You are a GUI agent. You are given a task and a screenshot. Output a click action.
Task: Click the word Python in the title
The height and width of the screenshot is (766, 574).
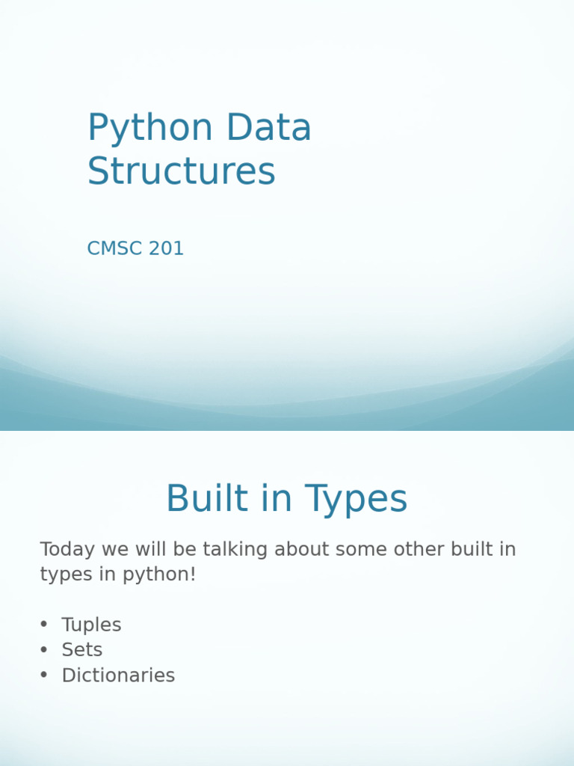[x=150, y=129]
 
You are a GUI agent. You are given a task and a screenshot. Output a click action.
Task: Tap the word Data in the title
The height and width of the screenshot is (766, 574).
[x=269, y=129]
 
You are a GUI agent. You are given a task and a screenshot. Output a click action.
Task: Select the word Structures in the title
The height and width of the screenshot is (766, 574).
[x=182, y=171]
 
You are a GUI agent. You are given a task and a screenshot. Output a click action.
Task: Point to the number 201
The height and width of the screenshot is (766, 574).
[x=166, y=249]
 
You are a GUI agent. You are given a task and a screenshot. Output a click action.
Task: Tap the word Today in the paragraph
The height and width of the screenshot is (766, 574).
[x=68, y=550]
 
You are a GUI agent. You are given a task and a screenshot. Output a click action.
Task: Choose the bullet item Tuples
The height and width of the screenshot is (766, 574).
[x=91, y=625]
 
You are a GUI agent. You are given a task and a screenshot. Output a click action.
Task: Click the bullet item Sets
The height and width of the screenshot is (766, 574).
[x=82, y=650]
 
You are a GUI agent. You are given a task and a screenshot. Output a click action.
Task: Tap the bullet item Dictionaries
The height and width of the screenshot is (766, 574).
[x=118, y=675]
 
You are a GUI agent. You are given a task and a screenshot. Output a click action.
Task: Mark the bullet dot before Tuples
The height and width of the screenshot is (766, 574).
[x=43, y=625]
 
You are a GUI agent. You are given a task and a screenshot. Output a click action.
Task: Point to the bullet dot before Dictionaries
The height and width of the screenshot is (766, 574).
[x=43, y=675]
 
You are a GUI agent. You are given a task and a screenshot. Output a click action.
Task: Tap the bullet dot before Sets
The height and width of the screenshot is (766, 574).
[x=43, y=649]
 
